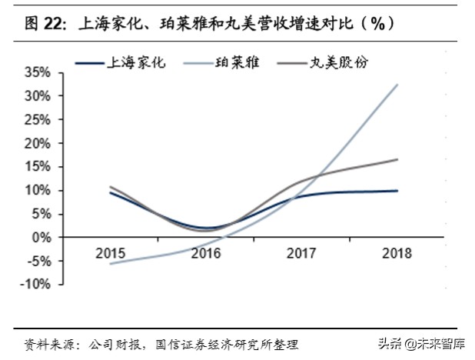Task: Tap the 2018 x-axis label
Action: coord(397,252)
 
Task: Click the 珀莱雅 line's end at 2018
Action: coord(397,85)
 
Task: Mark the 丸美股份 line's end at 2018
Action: coord(397,159)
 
